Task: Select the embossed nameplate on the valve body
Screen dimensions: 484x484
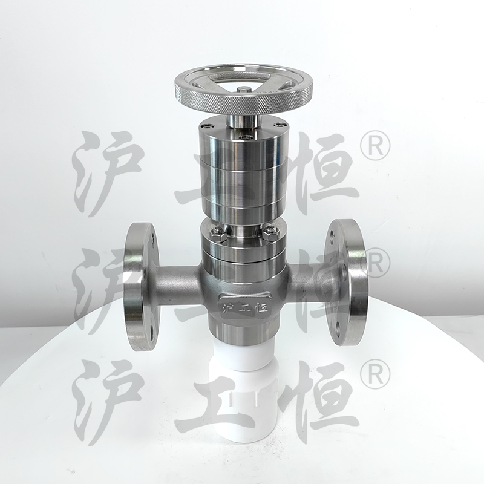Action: tap(246, 306)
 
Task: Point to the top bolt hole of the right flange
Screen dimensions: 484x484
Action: tap(332, 235)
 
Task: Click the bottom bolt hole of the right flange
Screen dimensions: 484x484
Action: tap(339, 328)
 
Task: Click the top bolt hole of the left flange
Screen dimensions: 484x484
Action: tap(152, 237)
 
